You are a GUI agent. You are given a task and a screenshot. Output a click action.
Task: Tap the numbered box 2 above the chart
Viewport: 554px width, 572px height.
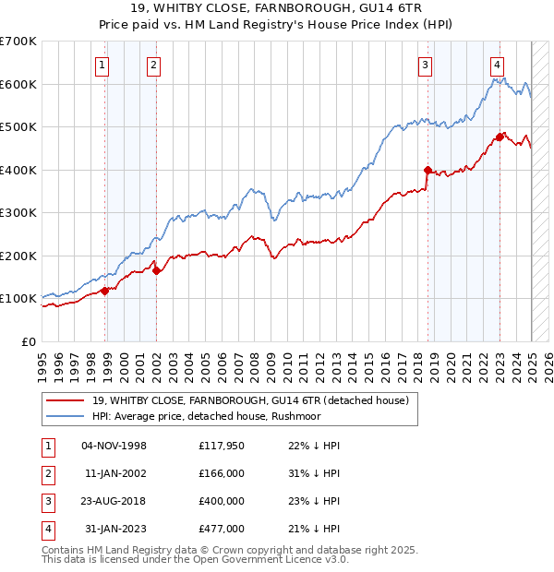pyautogui.click(x=152, y=65)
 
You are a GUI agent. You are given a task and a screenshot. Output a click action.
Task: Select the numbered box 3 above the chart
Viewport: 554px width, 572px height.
pyautogui.click(x=425, y=65)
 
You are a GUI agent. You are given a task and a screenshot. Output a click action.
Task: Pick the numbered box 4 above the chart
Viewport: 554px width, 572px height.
pyautogui.click(x=497, y=65)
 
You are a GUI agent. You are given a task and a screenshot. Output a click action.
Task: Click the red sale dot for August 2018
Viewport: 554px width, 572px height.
pyautogui.click(x=428, y=170)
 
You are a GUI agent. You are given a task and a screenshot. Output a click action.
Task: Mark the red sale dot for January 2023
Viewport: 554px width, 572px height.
pyautogui.click(x=500, y=137)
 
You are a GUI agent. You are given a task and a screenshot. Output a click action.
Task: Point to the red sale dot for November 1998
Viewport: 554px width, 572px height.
pyautogui.click(x=105, y=291)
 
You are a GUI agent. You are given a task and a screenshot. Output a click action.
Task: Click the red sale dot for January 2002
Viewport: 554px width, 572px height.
pyautogui.click(x=157, y=270)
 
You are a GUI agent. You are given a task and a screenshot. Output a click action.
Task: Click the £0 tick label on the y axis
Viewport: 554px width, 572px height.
pyautogui.click(x=29, y=341)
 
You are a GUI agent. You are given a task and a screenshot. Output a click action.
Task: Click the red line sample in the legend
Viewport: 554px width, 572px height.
pyautogui.click(x=65, y=400)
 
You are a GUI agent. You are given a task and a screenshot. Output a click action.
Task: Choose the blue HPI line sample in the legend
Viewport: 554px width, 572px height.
pyautogui.click(x=65, y=416)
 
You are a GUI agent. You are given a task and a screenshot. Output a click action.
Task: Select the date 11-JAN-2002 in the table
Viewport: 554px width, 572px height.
pyautogui.click(x=115, y=473)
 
